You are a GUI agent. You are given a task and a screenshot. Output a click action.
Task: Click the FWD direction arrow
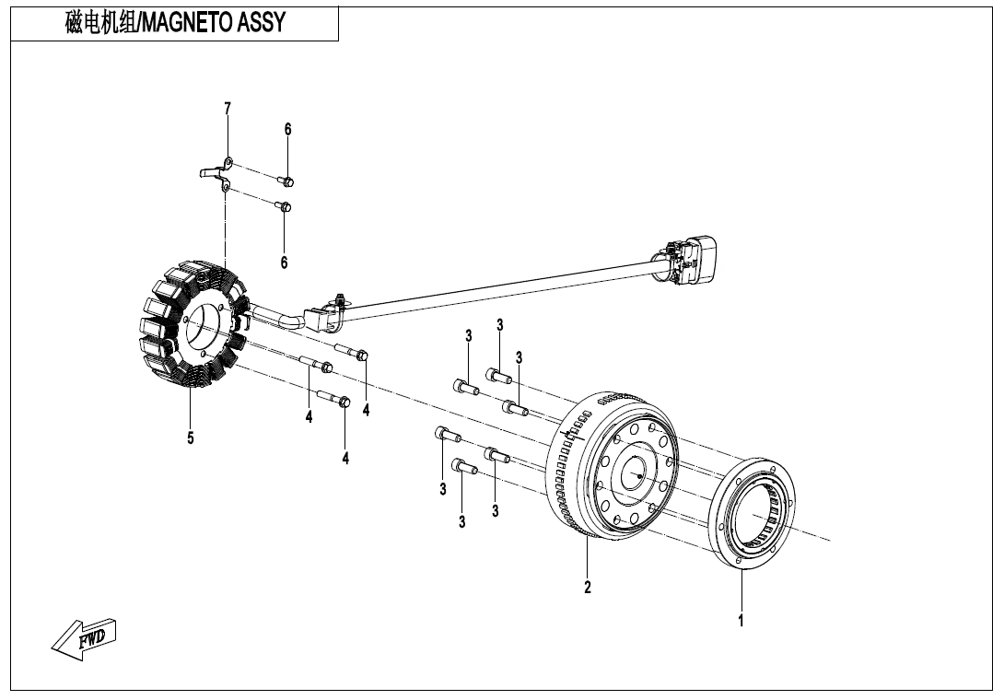click(83, 638)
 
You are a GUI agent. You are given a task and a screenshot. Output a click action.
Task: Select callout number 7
click(228, 109)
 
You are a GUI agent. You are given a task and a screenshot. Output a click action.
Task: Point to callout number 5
click(191, 438)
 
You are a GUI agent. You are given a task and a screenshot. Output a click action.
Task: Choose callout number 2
click(587, 587)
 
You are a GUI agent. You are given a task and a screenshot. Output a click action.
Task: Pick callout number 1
click(741, 620)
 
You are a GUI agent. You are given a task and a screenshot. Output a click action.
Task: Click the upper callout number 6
click(287, 129)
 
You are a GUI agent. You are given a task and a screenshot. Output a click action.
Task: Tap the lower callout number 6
click(284, 262)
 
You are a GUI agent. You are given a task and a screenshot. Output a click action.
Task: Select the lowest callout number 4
click(345, 458)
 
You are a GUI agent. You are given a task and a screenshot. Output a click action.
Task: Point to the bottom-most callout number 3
click(461, 522)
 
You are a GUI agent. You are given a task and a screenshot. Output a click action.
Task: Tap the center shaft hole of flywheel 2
click(635, 473)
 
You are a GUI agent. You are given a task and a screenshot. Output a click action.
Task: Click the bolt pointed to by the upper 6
click(286, 181)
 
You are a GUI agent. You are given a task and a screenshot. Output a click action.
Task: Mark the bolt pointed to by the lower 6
click(285, 206)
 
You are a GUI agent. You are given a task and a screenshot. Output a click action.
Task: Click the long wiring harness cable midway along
click(497, 286)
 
